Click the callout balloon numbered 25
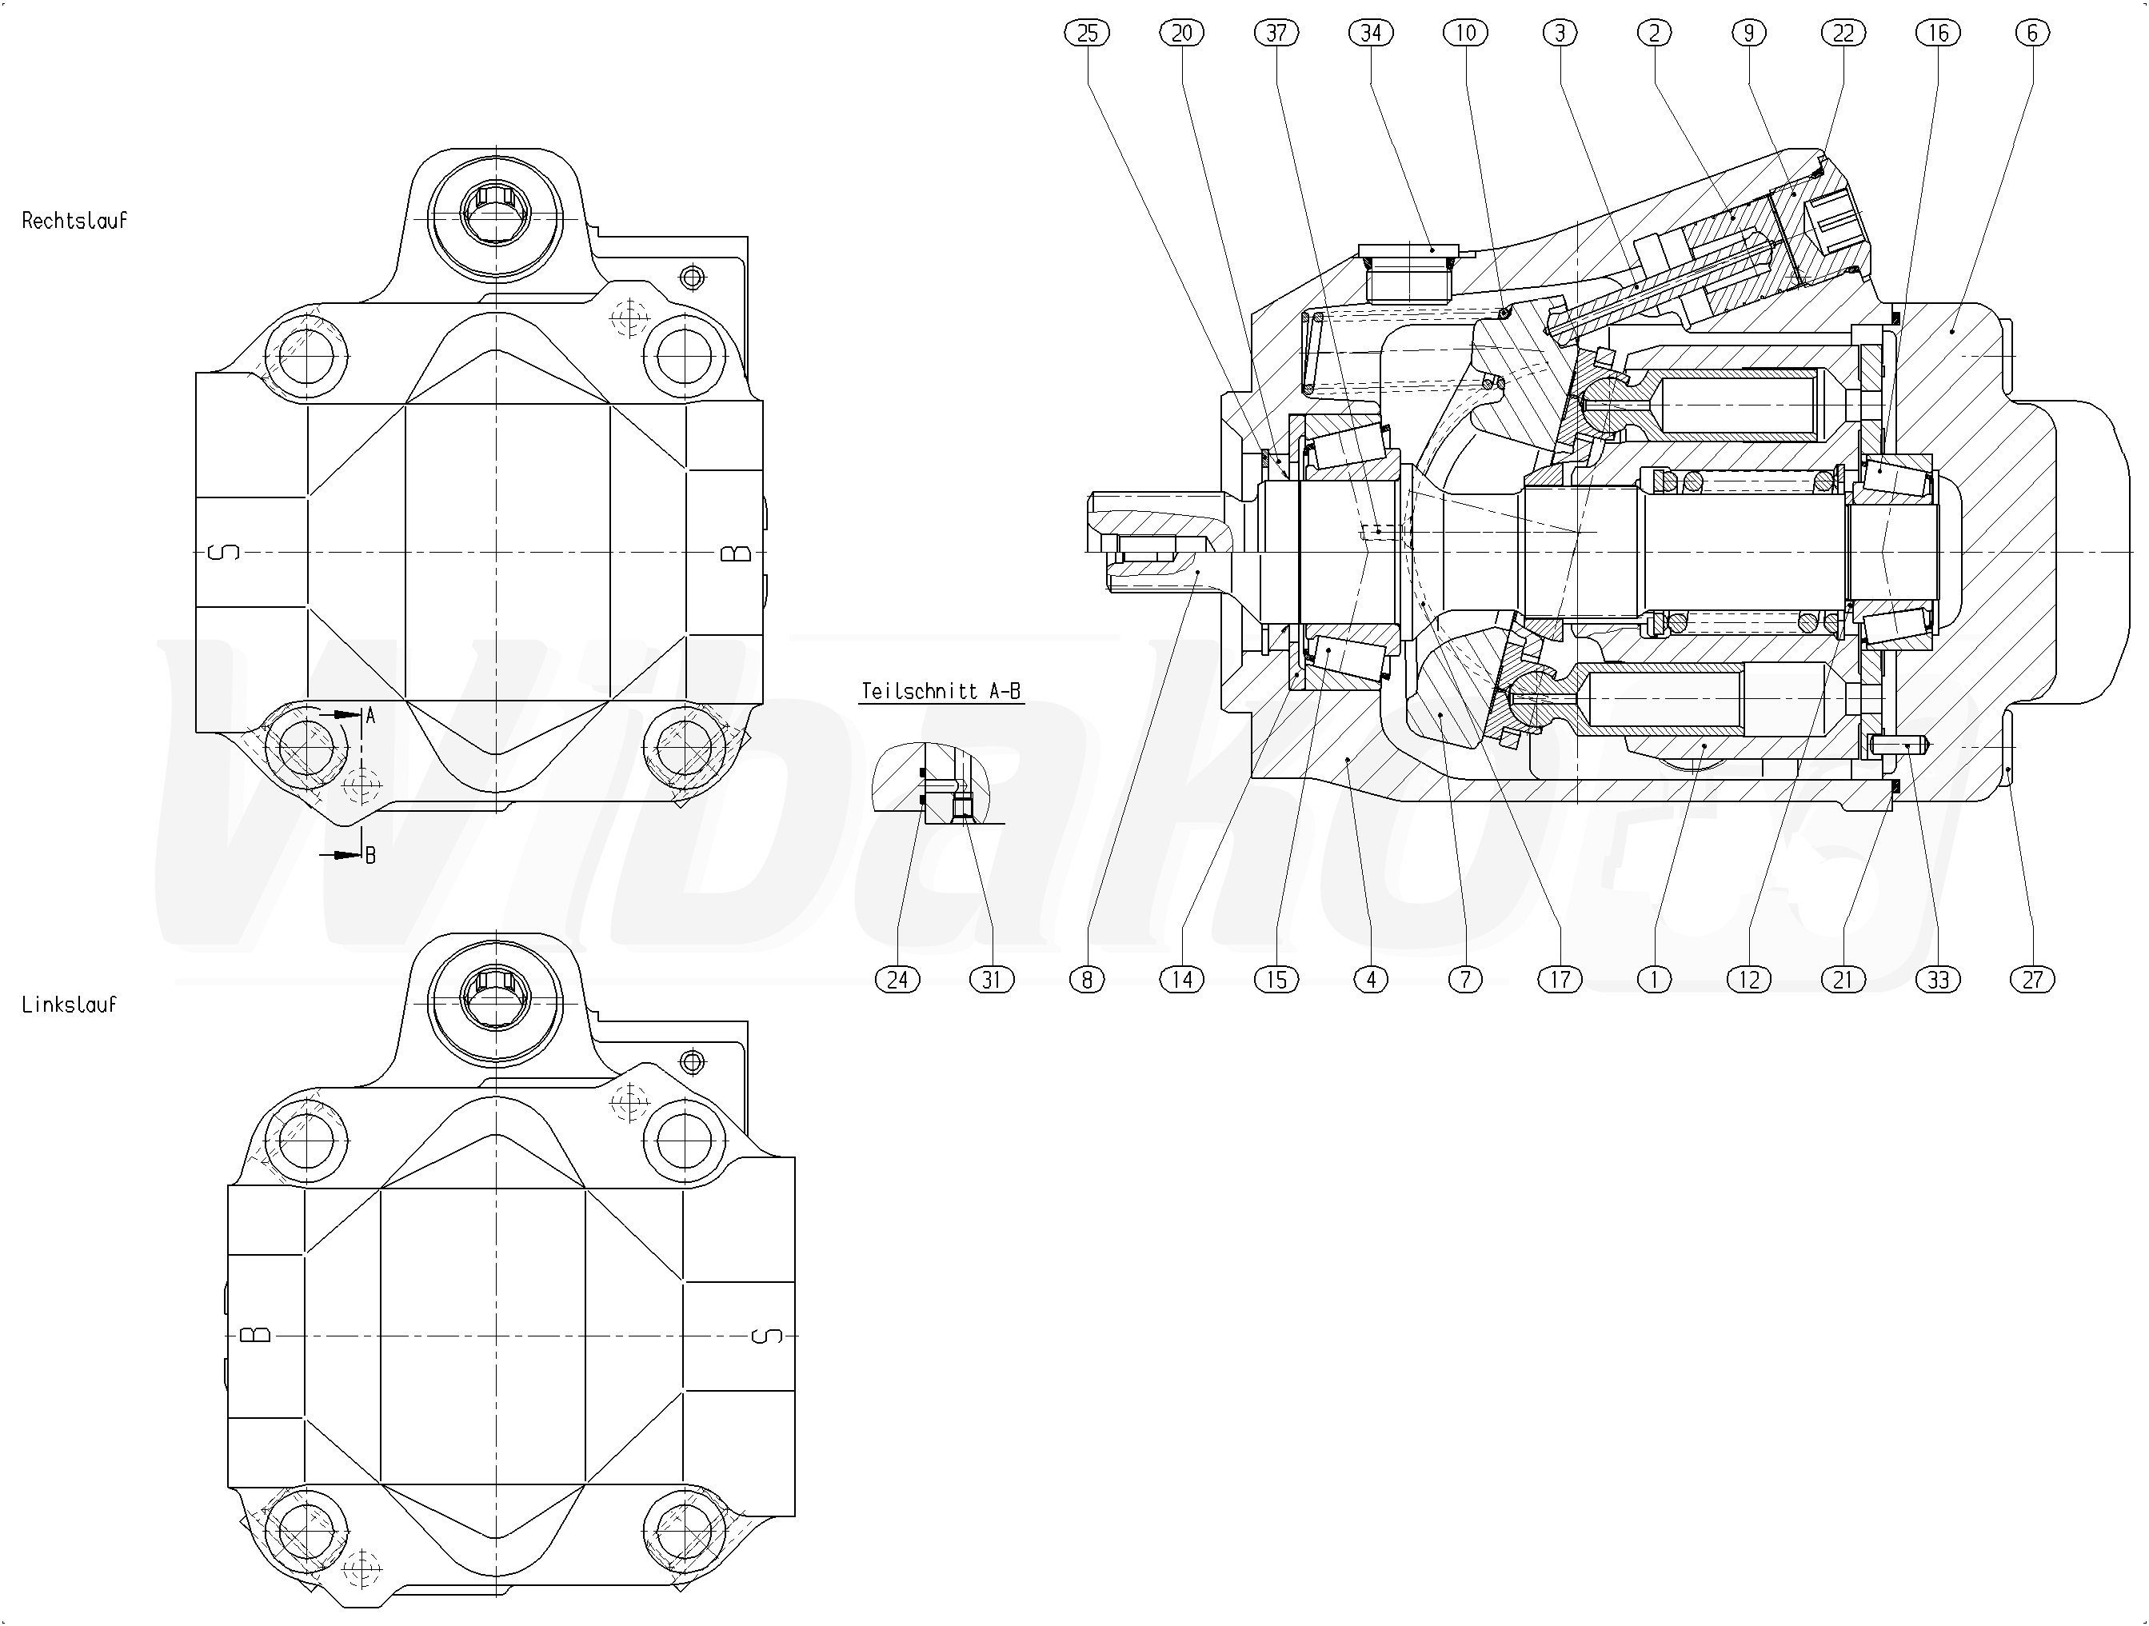click(x=1087, y=33)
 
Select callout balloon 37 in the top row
click(x=1276, y=33)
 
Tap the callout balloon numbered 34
click(x=1371, y=33)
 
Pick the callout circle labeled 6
click(x=2031, y=33)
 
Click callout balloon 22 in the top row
click(x=1843, y=33)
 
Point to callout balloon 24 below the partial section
click(x=897, y=979)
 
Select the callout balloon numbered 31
click(x=991, y=979)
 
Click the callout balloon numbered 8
click(x=1087, y=979)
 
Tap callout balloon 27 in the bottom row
click(x=2032, y=979)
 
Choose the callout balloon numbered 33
click(x=1938, y=979)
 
